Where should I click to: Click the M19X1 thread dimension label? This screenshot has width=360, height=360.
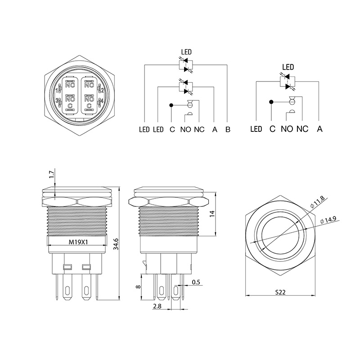77,241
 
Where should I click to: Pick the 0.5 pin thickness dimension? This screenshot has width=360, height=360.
196,282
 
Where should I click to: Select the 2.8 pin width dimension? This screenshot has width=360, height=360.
157,306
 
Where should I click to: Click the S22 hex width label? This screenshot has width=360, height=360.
280,292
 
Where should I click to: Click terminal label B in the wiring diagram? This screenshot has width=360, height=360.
228,130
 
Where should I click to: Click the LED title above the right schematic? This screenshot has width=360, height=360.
288,67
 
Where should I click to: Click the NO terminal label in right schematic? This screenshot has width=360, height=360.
287,129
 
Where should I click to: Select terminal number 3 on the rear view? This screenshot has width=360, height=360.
56,101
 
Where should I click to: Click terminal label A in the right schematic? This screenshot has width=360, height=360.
319,129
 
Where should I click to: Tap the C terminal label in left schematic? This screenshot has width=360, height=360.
172,130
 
